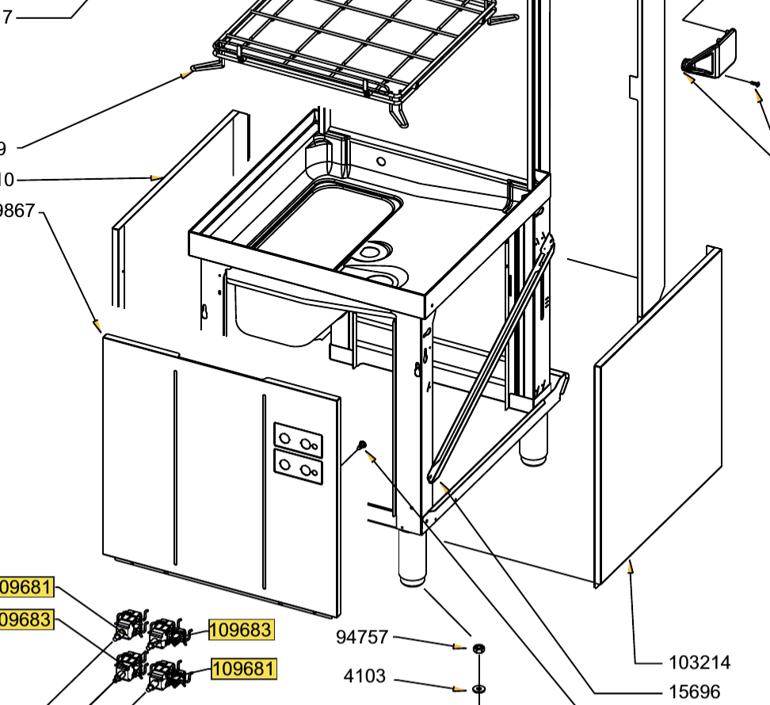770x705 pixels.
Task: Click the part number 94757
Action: (x=362, y=637)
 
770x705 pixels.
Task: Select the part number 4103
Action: (x=364, y=676)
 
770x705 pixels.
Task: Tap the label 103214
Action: (x=699, y=662)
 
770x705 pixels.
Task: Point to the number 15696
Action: (x=694, y=692)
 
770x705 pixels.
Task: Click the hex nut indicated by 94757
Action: (x=478, y=649)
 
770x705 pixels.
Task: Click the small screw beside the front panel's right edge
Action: (x=363, y=447)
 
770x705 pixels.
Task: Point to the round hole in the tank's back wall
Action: (x=381, y=162)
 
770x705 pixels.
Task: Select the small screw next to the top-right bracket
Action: (x=755, y=82)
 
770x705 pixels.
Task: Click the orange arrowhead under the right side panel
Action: (x=631, y=566)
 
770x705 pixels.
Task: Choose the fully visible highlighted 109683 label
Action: (x=241, y=630)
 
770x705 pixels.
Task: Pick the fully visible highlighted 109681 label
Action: (x=244, y=669)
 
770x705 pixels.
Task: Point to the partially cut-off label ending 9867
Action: (x=17, y=211)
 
